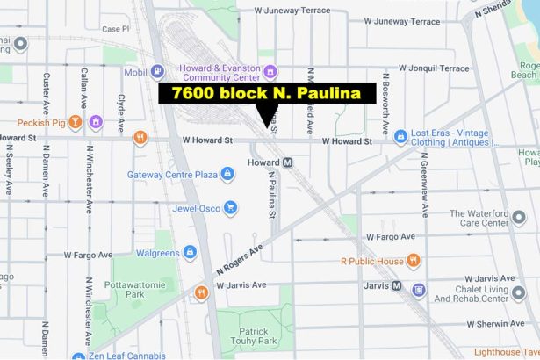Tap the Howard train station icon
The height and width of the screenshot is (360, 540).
287,162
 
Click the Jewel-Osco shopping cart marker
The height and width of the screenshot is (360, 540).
230,208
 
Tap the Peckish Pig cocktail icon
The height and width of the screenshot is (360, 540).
76,121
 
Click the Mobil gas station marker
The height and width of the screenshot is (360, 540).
157,72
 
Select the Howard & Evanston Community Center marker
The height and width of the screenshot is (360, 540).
270,72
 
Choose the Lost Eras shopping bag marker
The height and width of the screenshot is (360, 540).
400,137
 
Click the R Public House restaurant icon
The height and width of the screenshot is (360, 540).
414,261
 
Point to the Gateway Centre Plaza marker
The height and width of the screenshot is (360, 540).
227,175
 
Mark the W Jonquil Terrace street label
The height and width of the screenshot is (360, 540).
433,68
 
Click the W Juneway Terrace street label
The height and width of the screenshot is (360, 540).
293,11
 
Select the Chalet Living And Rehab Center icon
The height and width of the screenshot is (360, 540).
419,289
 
